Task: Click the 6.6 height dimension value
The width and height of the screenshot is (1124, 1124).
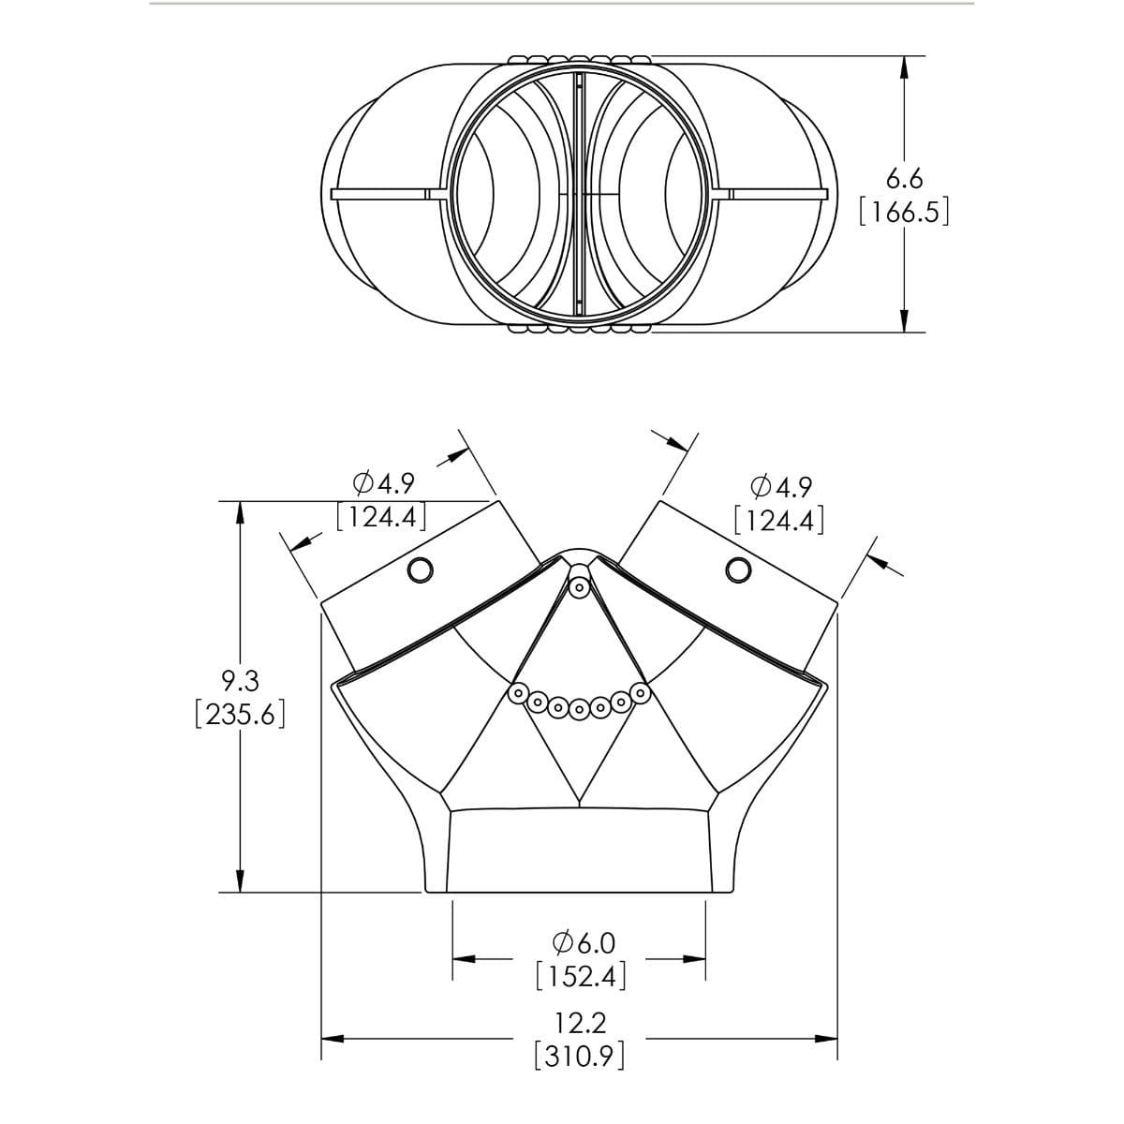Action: [x=904, y=179]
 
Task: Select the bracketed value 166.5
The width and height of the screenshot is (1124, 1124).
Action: [x=904, y=212]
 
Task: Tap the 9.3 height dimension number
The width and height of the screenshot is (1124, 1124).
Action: [x=241, y=681]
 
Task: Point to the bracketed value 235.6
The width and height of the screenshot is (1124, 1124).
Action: [x=241, y=714]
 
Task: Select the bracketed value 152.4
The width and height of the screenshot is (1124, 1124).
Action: [x=581, y=976]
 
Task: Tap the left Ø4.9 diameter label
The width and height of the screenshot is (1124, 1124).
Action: [x=384, y=483]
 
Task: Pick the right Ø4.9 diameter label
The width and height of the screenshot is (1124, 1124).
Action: [x=780, y=487]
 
